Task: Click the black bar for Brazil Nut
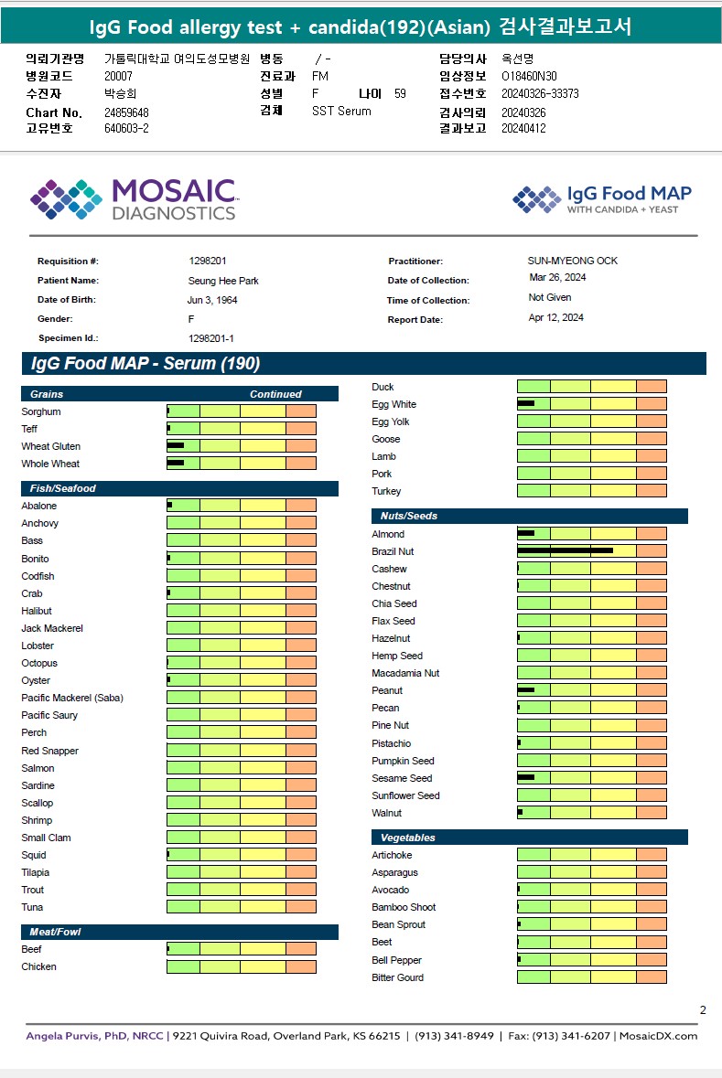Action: pyautogui.click(x=565, y=551)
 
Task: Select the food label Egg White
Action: pyautogui.click(x=393, y=404)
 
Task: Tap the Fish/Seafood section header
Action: pyautogui.click(x=62, y=488)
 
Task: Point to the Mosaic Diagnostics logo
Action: pyautogui.click(x=134, y=199)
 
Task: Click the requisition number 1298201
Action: pyautogui.click(x=207, y=261)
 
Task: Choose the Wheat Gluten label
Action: pyautogui.click(x=50, y=446)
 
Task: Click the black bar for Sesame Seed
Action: pyautogui.click(x=525, y=778)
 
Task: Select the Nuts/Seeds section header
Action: pyautogui.click(x=409, y=516)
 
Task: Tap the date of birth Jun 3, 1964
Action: pyautogui.click(x=211, y=300)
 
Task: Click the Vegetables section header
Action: pyautogui.click(x=407, y=838)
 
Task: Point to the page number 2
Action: pyautogui.click(x=703, y=1010)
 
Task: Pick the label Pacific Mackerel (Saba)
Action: pyautogui.click(x=72, y=698)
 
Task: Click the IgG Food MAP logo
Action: pyautogui.click(x=602, y=199)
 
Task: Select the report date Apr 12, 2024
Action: pyautogui.click(x=555, y=318)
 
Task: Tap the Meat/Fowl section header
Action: pyautogui.click(x=55, y=932)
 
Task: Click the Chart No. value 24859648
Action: pyautogui.click(x=126, y=112)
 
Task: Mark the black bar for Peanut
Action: pyautogui.click(x=525, y=690)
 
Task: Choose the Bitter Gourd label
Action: pyautogui.click(x=397, y=977)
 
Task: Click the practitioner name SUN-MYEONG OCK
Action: pyautogui.click(x=572, y=261)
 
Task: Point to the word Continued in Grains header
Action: pyautogui.click(x=275, y=394)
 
